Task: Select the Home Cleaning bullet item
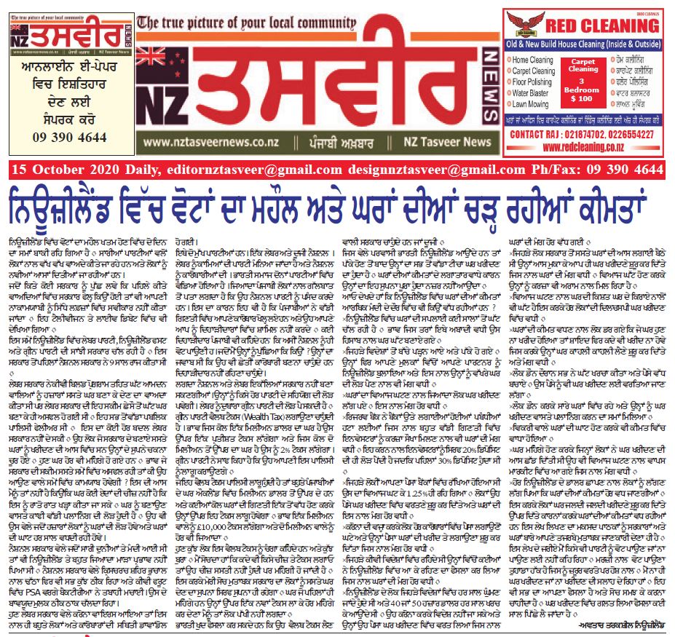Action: (x=532, y=60)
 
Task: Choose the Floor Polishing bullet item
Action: (x=534, y=83)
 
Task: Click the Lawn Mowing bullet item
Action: (x=531, y=105)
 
